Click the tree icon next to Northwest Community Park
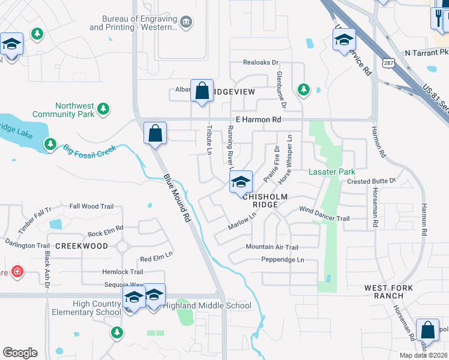[104, 108]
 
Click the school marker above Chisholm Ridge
[241, 181]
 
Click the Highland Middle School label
[208, 306]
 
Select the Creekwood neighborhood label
[82, 246]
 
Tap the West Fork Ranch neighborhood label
[389, 292]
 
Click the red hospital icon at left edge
[18, 271]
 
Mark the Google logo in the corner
[20, 353]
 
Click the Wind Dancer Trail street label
[324, 218]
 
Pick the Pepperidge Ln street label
[283, 260]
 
